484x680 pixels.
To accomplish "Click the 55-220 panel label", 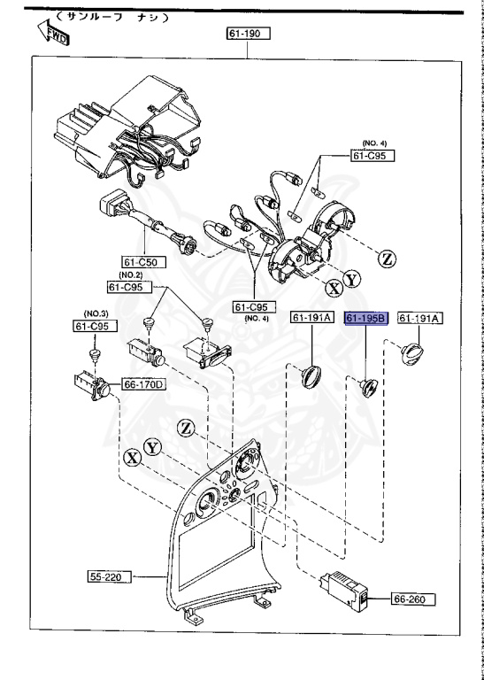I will coord(109,576).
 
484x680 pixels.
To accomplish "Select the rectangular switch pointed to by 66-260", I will coord(344,591).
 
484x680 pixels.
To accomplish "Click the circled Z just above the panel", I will coord(185,427).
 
